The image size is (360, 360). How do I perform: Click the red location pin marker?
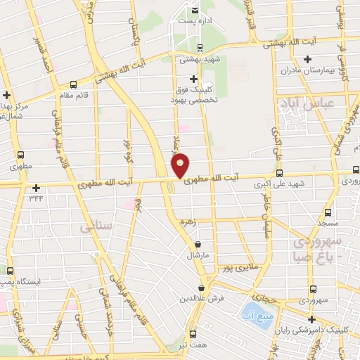coord(181,165)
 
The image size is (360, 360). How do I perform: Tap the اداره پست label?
coord(195,22)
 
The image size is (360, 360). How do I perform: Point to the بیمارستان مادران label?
coord(306,71)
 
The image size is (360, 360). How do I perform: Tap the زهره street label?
coord(186,221)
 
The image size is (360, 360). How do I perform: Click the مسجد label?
coord(327,222)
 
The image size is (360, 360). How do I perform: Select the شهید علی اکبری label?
coord(279,184)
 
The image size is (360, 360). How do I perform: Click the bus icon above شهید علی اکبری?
coord(279,173)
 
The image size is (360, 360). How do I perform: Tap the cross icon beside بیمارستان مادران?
coord(306,59)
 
